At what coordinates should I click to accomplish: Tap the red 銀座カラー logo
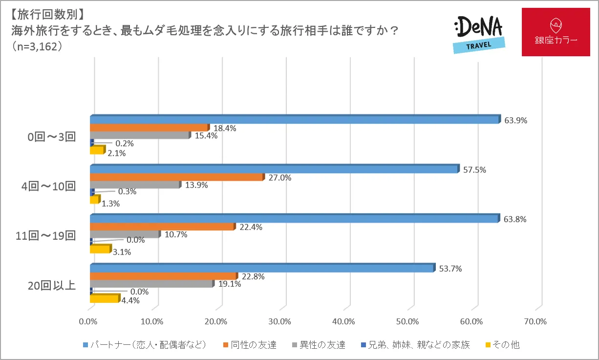[x=556, y=32]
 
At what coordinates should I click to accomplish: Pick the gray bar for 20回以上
[x=151, y=284]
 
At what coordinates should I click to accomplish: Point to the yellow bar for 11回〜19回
[x=100, y=249]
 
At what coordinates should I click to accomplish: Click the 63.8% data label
[x=515, y=219]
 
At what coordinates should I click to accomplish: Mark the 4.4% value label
[x=130, y=300]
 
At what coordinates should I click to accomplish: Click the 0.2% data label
[x=124, y=144]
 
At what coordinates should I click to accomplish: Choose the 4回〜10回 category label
[x=51, y=186]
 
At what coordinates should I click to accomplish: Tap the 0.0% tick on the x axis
[x=89, y=321]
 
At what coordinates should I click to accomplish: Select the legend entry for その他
[x=504, y=345]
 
